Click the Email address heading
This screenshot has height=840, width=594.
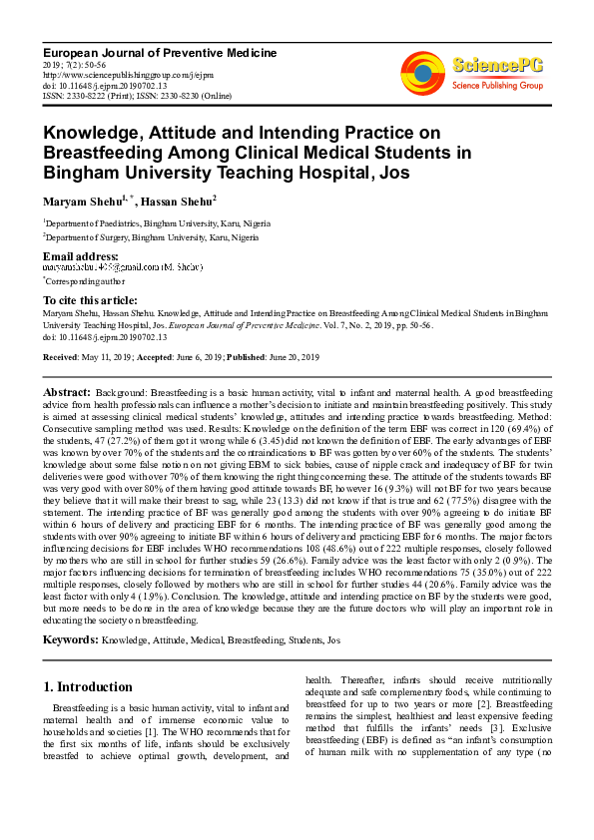tap(79, 256)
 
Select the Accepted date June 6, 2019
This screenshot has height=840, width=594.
tap(193, 356)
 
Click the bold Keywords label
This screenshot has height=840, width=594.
tap(70, 637)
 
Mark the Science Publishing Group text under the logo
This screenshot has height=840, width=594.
tap(496, 87)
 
